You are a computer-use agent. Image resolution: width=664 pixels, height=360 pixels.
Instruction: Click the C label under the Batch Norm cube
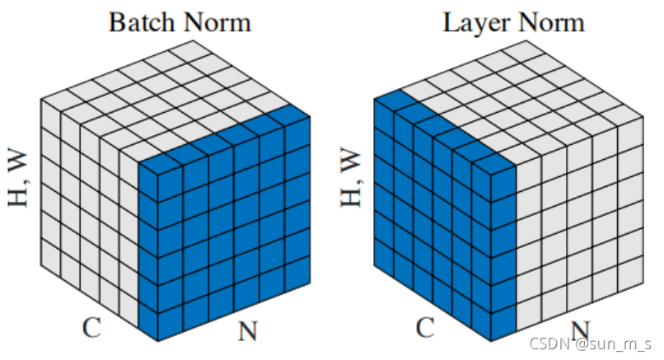pos(92,327)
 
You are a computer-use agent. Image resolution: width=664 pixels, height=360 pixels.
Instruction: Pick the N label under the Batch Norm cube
pos(248,331)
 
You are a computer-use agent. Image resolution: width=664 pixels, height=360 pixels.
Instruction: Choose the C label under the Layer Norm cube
pos(425,327)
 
